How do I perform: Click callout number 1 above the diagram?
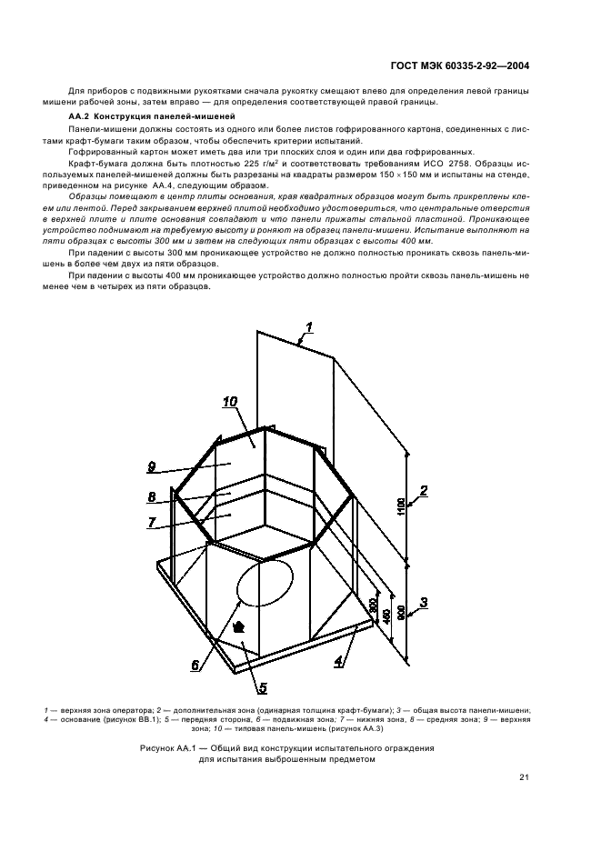tap(309, 327)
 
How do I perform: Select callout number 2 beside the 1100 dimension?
tap(424, 491)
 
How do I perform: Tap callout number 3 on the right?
tap(424, 602)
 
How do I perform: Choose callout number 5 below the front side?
tap(262, 687)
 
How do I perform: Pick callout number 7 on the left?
tap(152, 522)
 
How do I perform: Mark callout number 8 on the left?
tap(152, 496)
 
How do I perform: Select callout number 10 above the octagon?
tap(230, 401)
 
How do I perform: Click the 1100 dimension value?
tap(401, 506)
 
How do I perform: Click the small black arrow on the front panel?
tap(238, 627)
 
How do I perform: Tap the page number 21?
tap(525, 776)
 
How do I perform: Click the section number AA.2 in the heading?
tap(79, 118)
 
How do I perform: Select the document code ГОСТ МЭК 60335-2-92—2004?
tap(467, 65)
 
